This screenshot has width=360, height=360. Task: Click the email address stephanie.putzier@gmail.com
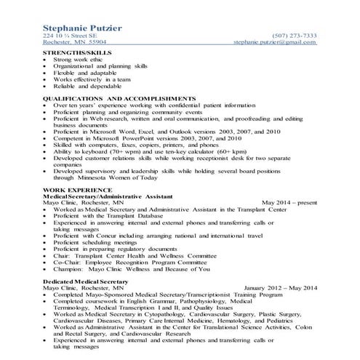click(275, 43)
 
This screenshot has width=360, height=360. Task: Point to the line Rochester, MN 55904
click(75, 43)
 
